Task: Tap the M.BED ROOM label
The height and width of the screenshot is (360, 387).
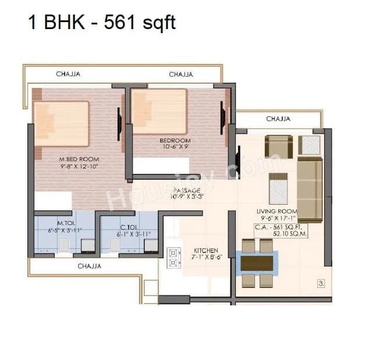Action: pos(79,159)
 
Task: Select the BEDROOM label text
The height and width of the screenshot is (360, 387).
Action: pos(176,141)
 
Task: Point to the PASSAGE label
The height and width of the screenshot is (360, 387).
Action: pos(187,190)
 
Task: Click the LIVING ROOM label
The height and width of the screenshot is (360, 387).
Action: pos(276,212)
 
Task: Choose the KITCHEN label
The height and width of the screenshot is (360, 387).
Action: pos(205,250)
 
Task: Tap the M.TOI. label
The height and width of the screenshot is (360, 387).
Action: pos(65,223)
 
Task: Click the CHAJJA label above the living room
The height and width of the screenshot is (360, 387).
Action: pos(278,119)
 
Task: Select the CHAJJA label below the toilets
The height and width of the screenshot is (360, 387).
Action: pos(90,266)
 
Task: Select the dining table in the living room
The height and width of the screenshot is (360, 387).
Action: pos(257,263)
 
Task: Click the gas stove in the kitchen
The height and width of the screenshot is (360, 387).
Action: pos(173,258)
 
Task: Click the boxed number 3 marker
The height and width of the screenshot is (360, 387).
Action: pos(320,284)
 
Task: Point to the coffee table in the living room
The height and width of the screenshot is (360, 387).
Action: pos(277,188)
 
